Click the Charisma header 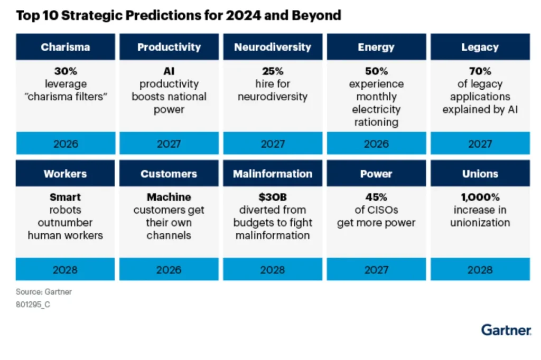[x=66, y=47]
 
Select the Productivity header [x=169, y=47]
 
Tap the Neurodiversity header [x=273, y=47]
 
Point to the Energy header [x=376, y=47]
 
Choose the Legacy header [x=480, y=47]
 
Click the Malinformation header [x=273, y=174]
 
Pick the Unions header [x=480, y=174]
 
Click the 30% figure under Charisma [x=66, y=71]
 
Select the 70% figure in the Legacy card [x=480, y=71]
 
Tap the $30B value [x=273, y=197]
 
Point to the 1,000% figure [x=480, y=197]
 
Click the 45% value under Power [x=376, y=197]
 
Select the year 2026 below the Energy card [x=376, y=144]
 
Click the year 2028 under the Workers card [x=66, y=270]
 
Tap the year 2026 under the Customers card [x=169, y=270]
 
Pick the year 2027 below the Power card [x=376, y=270]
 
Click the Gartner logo [x=506, y=330]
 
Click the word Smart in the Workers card [x=66, y=197]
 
